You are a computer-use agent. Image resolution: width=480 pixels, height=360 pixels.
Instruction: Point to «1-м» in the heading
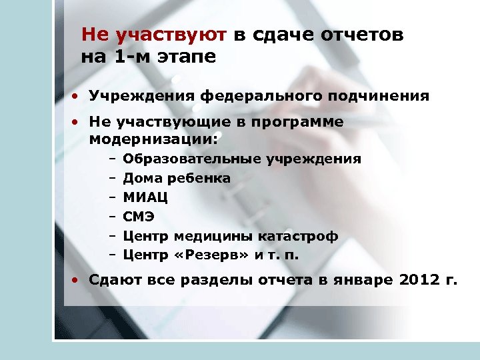(x=126, y=57)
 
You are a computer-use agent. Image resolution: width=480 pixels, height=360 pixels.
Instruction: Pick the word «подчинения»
(x=378, y=96)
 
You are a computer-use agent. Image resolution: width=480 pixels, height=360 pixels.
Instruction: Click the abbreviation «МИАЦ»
(x=146, y=198)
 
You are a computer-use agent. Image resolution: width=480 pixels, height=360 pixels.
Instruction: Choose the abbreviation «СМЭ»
(x=139, y=217)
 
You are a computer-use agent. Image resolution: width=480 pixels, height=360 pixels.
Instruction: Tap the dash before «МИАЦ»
(x=111, y=198)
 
